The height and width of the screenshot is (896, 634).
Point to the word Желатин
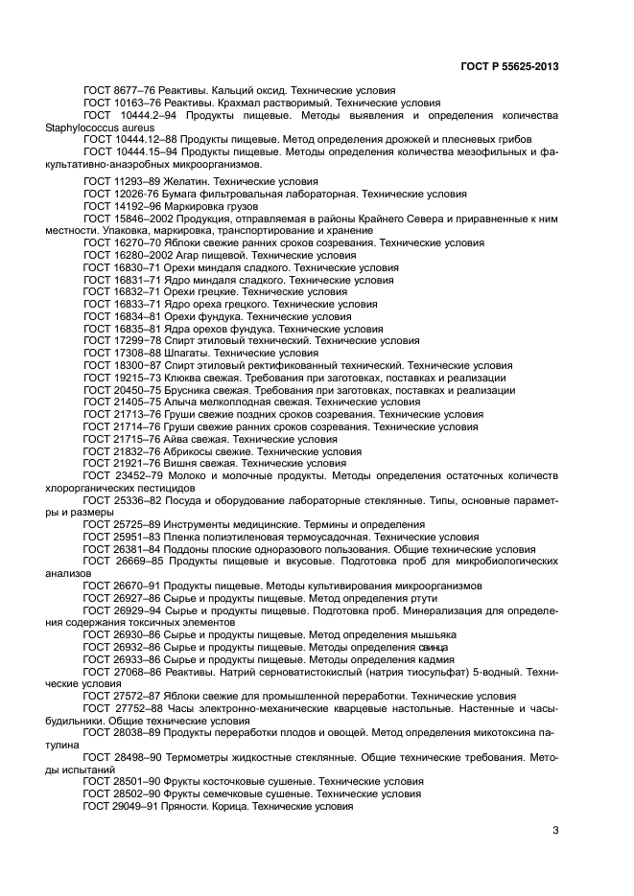[185, 181]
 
